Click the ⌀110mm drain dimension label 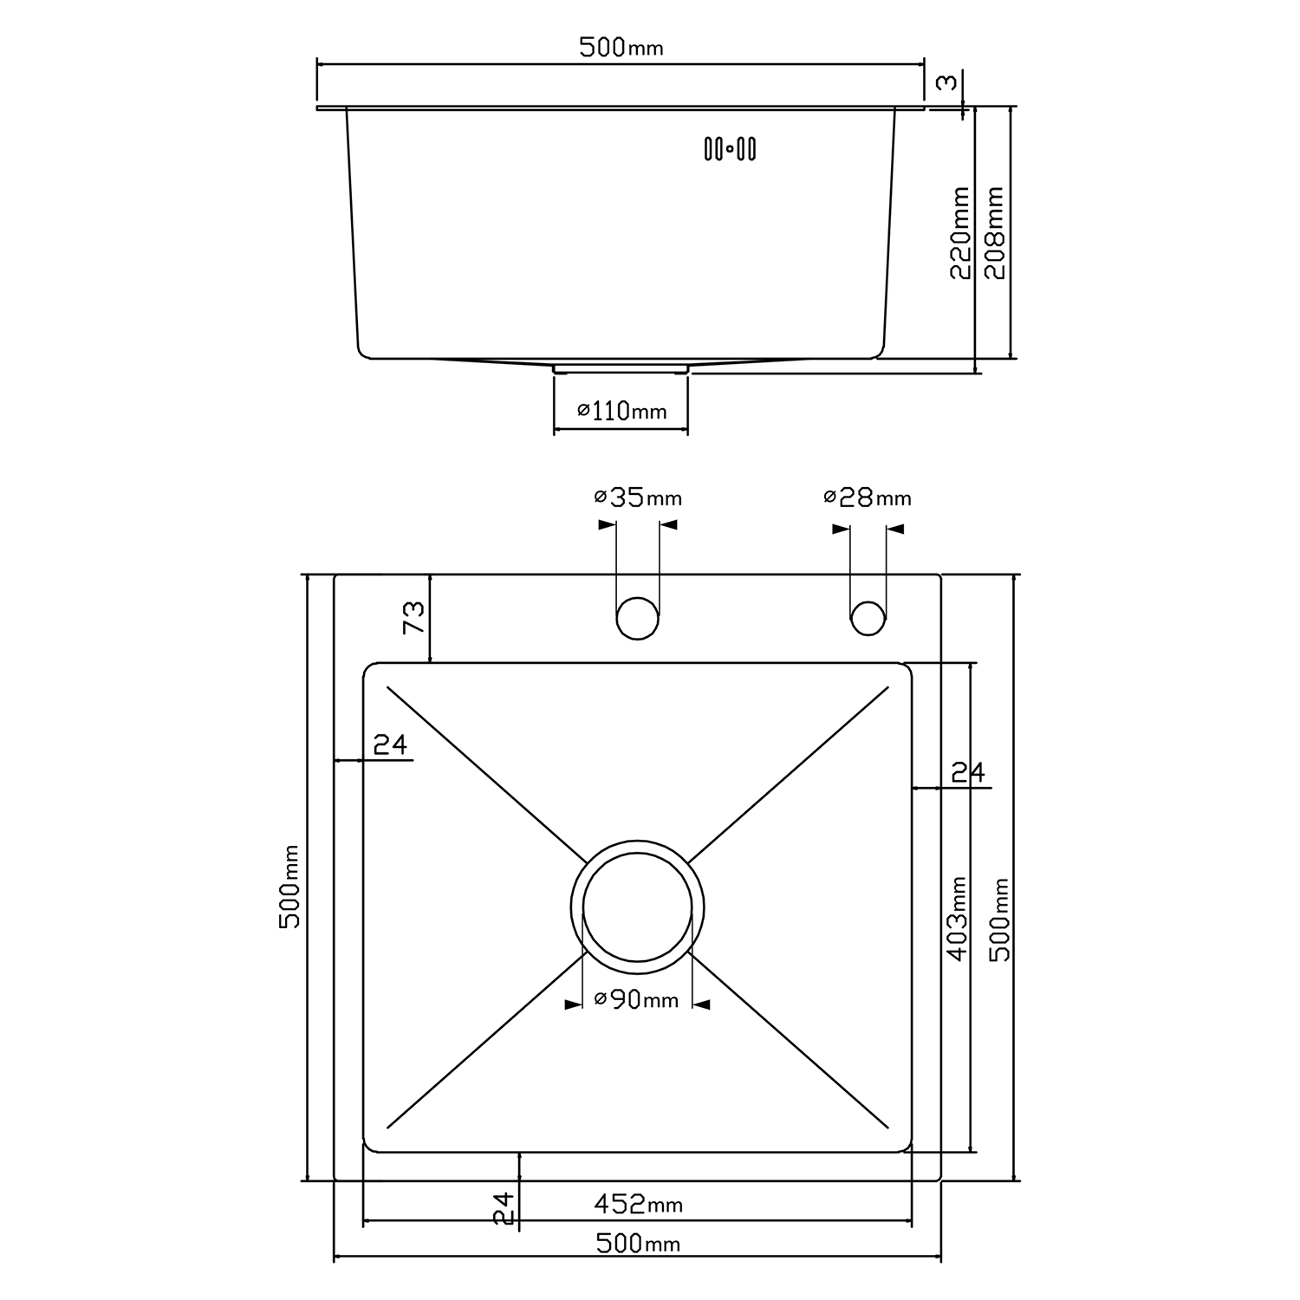tap(622, 410)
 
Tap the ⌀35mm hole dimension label tap(638, 497)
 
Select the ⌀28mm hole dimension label tap(868, 497)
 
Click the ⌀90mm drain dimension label tap(637, 999)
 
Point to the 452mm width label tap(639, 1204)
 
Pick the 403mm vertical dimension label tap(957, 919)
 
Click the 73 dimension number tap(414, 617)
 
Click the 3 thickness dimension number tap(948, 82)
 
